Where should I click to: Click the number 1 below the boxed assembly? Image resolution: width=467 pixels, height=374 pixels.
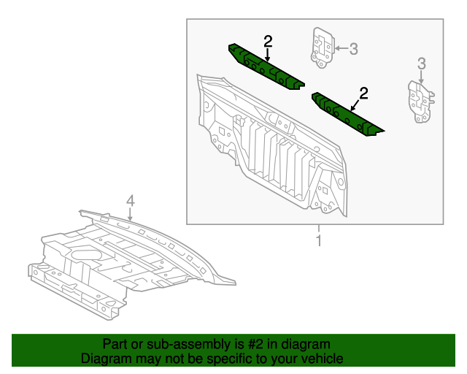pyautogui.click(x=318, y=239)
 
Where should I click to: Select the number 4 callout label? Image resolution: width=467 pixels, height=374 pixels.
pyautogui.click(x=130, y=200)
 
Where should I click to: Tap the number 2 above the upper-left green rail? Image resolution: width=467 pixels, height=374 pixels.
pyautogui.click(x=268, y=41)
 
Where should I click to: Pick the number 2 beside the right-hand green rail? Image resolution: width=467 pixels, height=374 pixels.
pyautogui.click(x=363, y=93)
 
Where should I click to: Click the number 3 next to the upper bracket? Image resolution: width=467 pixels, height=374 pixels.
pyautogui.click(x=353, y=49)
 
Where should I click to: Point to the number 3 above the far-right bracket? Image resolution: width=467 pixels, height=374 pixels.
pyautogui.click(x=421, y=64)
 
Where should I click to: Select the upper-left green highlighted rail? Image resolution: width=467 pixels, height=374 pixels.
pyautogui.click(x=266, y=67)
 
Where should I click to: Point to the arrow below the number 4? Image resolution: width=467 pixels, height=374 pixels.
pyautogui.click(x=130, y=215)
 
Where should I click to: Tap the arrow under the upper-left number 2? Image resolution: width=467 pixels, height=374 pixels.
pyautogui.click(x=268, y=55)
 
